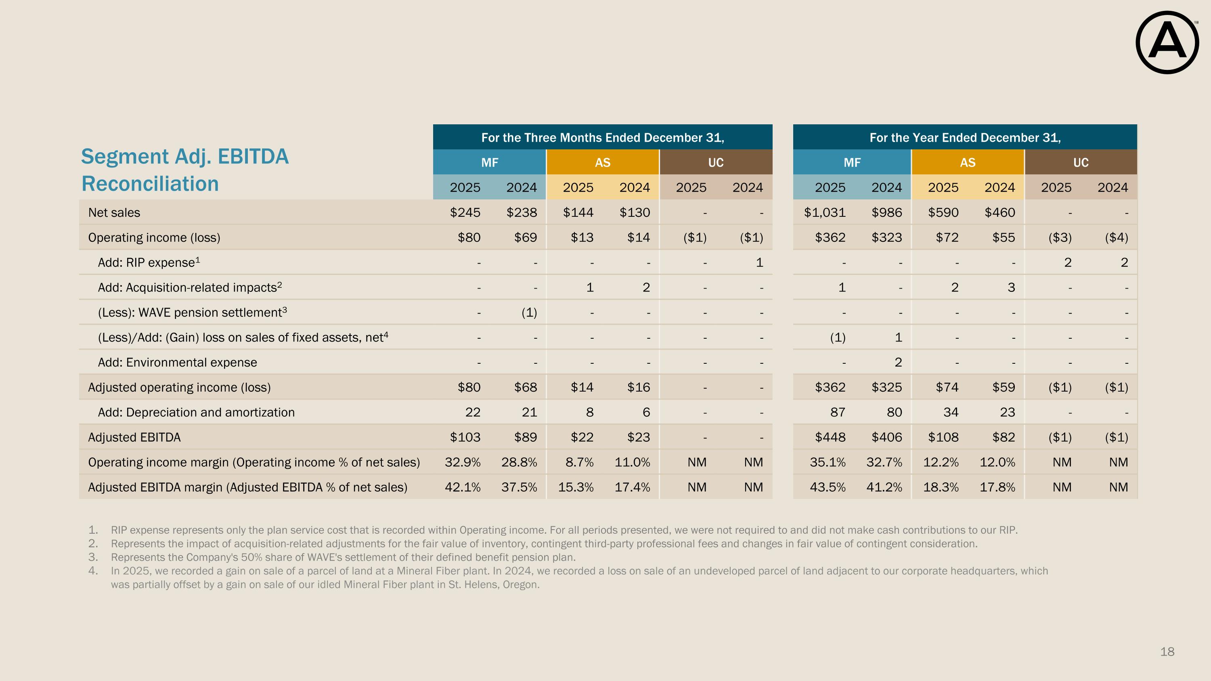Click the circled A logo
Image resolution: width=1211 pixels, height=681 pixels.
(1167, 43)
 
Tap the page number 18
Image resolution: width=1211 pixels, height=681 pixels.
(1167, 652)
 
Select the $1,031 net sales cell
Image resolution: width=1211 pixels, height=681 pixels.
(825, 212)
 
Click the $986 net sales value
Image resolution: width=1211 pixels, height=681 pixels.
(886, 212)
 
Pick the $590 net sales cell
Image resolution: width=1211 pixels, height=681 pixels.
(943, 212)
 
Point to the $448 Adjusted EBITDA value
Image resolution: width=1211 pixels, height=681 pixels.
(830, 437)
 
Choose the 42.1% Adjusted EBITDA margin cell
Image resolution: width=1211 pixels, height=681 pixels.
(463, 487)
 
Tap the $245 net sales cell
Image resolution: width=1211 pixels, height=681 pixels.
(465, 212)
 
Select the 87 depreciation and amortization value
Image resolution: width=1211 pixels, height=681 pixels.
(837, 412)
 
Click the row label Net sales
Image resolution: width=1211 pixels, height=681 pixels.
(114, 212)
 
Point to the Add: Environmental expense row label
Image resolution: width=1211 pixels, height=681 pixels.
(177, 363)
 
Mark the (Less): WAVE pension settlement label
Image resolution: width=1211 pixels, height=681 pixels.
(192, 312)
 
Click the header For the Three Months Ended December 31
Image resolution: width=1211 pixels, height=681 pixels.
(602, 137)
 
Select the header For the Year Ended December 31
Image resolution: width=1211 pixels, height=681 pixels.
(965, 137)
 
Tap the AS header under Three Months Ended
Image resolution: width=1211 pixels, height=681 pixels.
(602, 163)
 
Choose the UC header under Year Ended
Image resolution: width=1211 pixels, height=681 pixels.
(1080, 163)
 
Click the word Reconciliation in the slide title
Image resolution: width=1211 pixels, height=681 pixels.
(151, 184)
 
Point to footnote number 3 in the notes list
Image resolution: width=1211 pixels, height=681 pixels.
(93, 557)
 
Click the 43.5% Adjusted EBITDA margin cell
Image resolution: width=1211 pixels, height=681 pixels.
(828, 487)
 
